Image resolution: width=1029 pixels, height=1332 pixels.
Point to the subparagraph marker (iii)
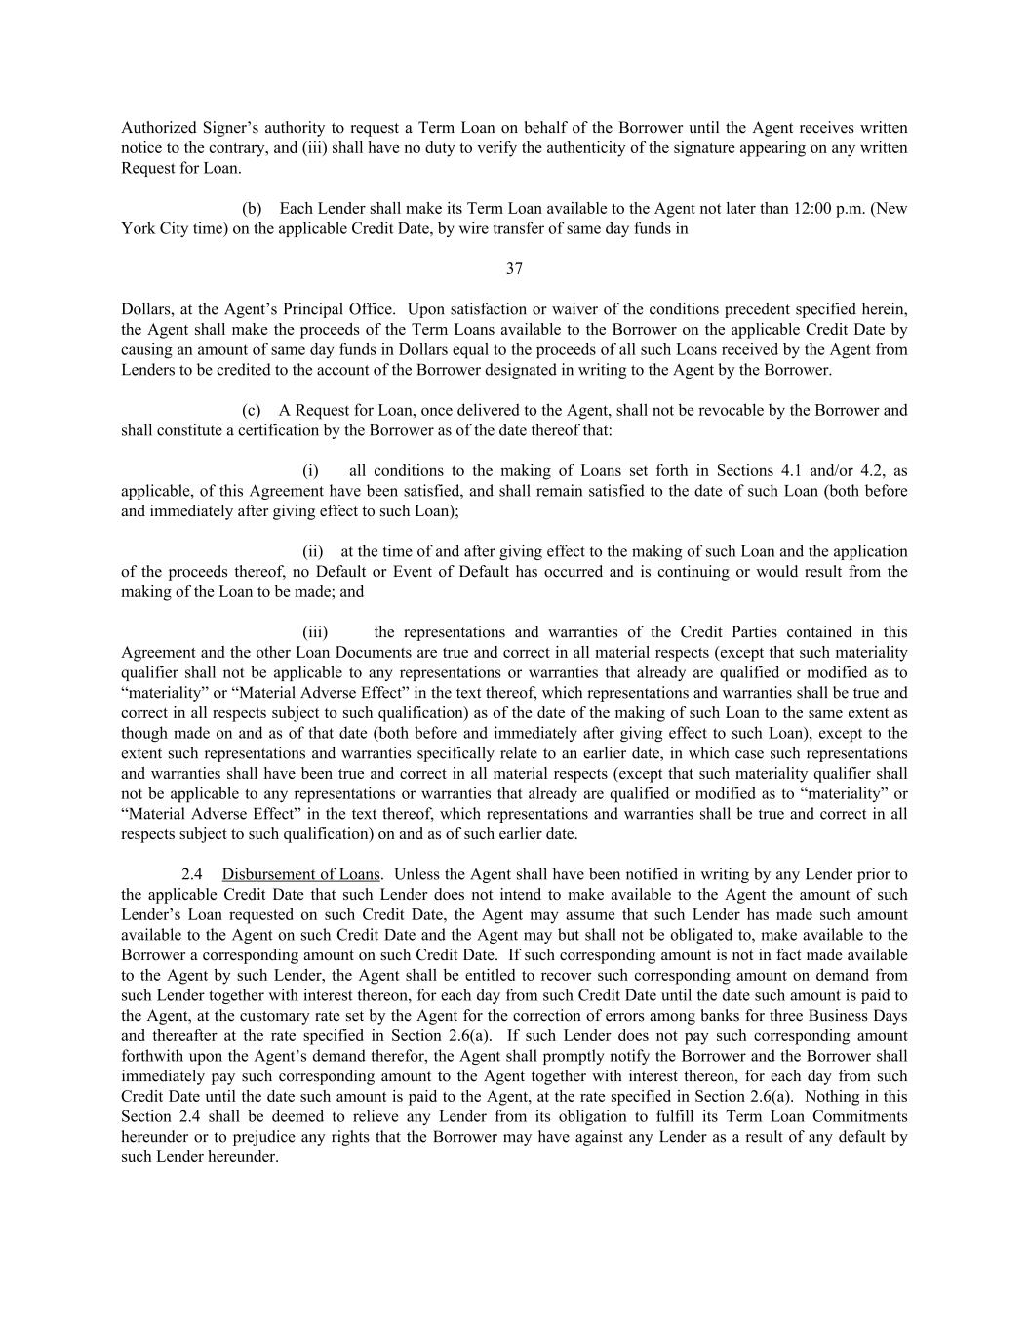coord(316,632)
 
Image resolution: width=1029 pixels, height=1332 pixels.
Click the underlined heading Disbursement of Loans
coord(300,874)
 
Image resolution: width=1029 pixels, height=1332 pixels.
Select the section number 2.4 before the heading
coord(192,874)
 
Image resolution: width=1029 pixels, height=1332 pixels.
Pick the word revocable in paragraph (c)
coord(735,410)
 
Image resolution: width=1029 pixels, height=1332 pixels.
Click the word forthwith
coord(152,1057)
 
